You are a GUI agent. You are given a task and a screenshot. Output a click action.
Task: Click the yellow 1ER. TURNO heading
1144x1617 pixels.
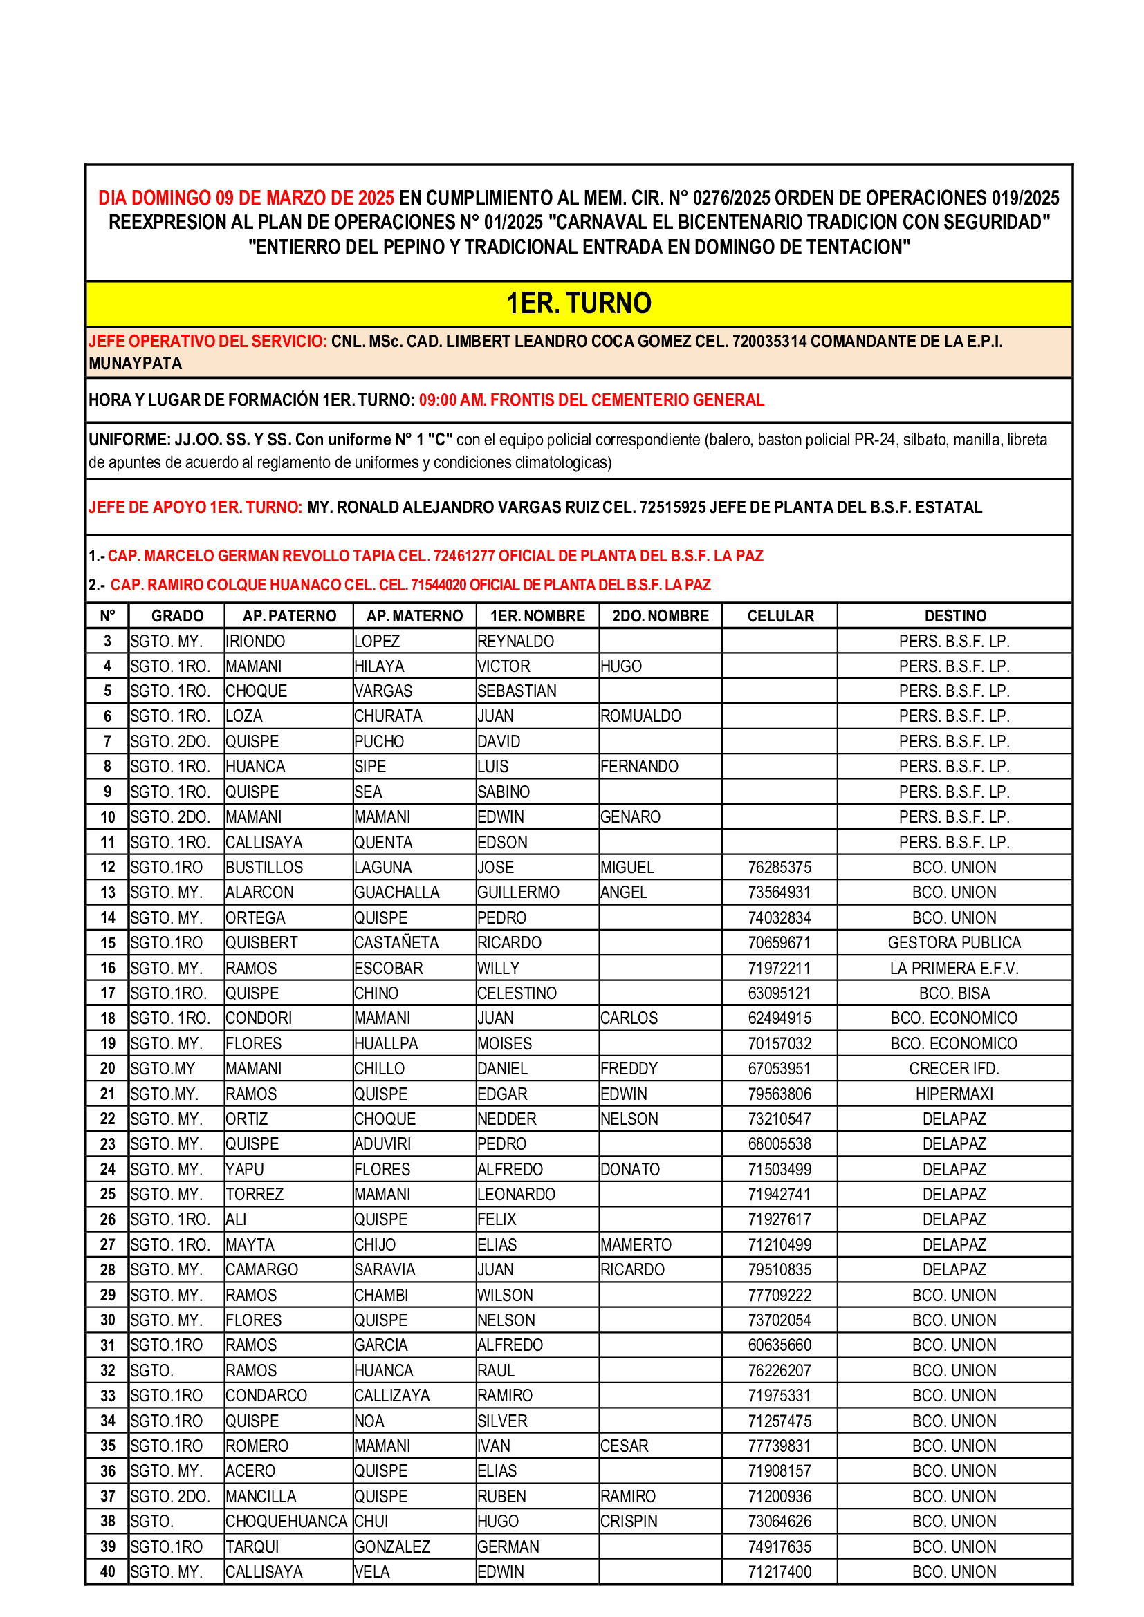pyautogui.click(x=578, y=303)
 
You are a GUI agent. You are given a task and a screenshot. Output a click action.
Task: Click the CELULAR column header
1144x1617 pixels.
pyautogui.click(x=779, y=616)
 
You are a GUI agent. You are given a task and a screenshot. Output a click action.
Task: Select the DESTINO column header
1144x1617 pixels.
pyautogui.click(x=954, y=616)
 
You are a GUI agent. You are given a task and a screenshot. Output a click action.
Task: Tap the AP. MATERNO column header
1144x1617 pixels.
pyautogui.click(x=414, y=616)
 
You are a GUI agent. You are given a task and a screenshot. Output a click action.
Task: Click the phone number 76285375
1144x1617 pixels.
pyautogui.click(x=779, y=868)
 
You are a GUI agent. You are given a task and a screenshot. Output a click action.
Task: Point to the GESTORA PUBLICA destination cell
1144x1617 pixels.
pyautogui.click(x=954, y=943)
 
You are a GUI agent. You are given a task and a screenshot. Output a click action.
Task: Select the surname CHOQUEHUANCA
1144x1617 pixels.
pyautogui.click(x=286, y=1522)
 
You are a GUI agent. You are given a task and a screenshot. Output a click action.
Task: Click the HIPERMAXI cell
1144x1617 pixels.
pyautogui.click(x=954, y=1094)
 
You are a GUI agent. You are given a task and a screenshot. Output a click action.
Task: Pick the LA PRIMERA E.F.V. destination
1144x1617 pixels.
pyautogui.click(x=954, y=969)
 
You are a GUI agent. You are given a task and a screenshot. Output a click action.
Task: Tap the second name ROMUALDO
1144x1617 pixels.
pyautogui.click(x=640, y=716)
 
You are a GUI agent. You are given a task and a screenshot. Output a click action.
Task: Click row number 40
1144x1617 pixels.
pyautogui.click(x=108, y=1572)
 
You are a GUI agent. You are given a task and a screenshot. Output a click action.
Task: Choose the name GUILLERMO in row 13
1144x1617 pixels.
pyautogui.click(x=518, y=892)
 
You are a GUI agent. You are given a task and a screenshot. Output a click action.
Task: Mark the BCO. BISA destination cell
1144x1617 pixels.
pyautogui.click(x=954, y=993)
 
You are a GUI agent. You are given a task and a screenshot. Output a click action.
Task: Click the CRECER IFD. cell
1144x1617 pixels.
pyautogui.click(x=954, y=1069)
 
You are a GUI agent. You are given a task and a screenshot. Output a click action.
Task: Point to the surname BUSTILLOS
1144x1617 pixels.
pyautogui.click(x=264, y=868)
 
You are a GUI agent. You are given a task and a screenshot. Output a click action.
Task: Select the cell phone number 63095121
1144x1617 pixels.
pyautogui.click(x=779, y=993)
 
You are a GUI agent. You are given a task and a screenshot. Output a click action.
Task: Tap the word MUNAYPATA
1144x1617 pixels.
pyautogui.click(x=136, y=364)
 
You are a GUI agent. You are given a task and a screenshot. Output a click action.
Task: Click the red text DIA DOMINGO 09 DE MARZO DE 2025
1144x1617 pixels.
pyautogui.click(x=246, y=198)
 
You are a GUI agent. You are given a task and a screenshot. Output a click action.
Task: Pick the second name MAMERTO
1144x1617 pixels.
pyautogui.click(x=636, y=1245)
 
